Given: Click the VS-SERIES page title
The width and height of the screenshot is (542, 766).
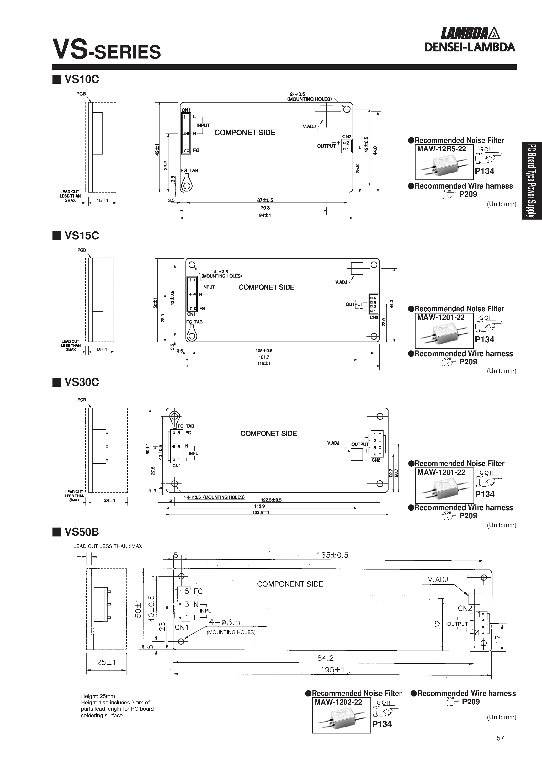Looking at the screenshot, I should (x=107, y=50).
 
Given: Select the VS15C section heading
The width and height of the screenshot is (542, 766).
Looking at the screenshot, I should (x=81, y=236).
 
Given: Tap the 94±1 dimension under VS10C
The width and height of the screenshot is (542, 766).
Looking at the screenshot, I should (x=265, y=215).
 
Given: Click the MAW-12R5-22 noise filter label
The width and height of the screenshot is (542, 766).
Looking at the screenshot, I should (x=441, y=149).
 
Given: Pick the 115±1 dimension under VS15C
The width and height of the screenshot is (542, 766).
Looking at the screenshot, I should (x=264, y=363).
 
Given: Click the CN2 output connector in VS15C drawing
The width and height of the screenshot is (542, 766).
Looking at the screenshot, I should (x=374, y=304).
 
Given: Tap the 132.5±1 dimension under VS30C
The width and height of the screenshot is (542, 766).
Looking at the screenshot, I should (x=261, y=512).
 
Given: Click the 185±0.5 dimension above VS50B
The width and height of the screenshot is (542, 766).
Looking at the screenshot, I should (x=332, y=555).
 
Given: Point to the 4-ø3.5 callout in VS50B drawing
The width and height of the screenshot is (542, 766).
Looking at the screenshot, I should (x=224, y=622).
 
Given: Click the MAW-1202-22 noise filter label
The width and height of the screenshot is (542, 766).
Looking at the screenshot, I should (x=338, y=702).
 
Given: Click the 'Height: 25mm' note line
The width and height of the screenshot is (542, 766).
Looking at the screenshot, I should (x=98, y=696).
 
